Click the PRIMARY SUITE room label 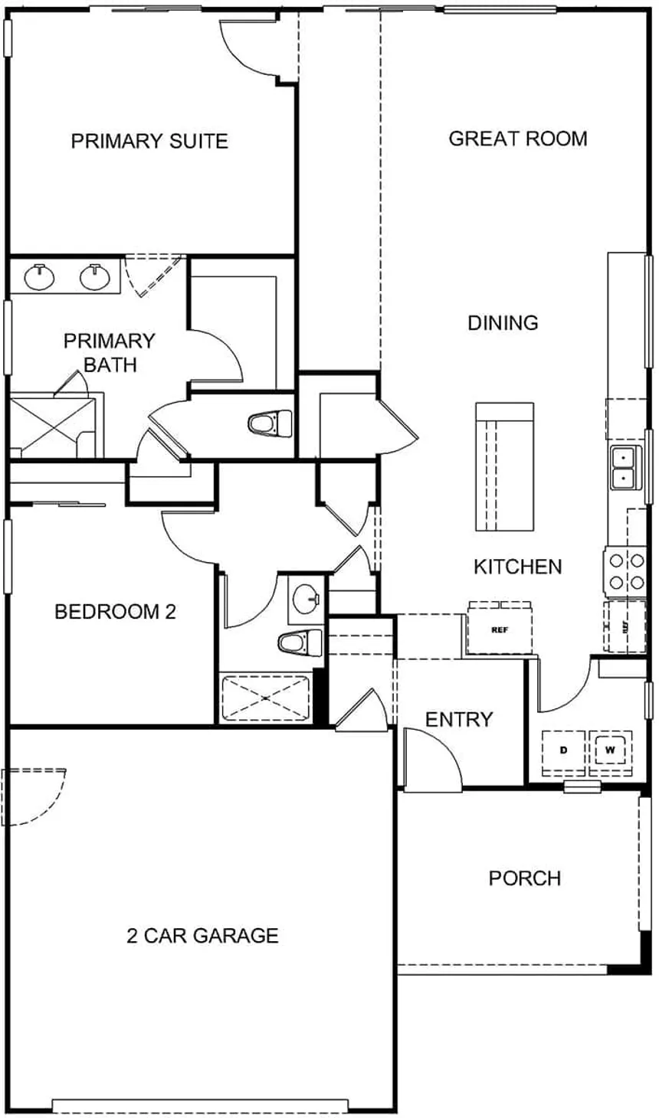point(149,141)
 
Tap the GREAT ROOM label point(517,139)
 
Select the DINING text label point(503,323)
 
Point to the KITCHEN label point(517,567)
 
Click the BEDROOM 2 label point(115,612)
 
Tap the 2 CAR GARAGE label point(202,935)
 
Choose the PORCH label point(525,878)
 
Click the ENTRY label point(459,719)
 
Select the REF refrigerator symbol point(500,629)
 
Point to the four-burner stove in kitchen point(626,572)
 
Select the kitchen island point(505,466)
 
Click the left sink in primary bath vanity point(39,277)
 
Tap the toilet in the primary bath point(270,424)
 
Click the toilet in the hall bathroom point(300,642)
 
